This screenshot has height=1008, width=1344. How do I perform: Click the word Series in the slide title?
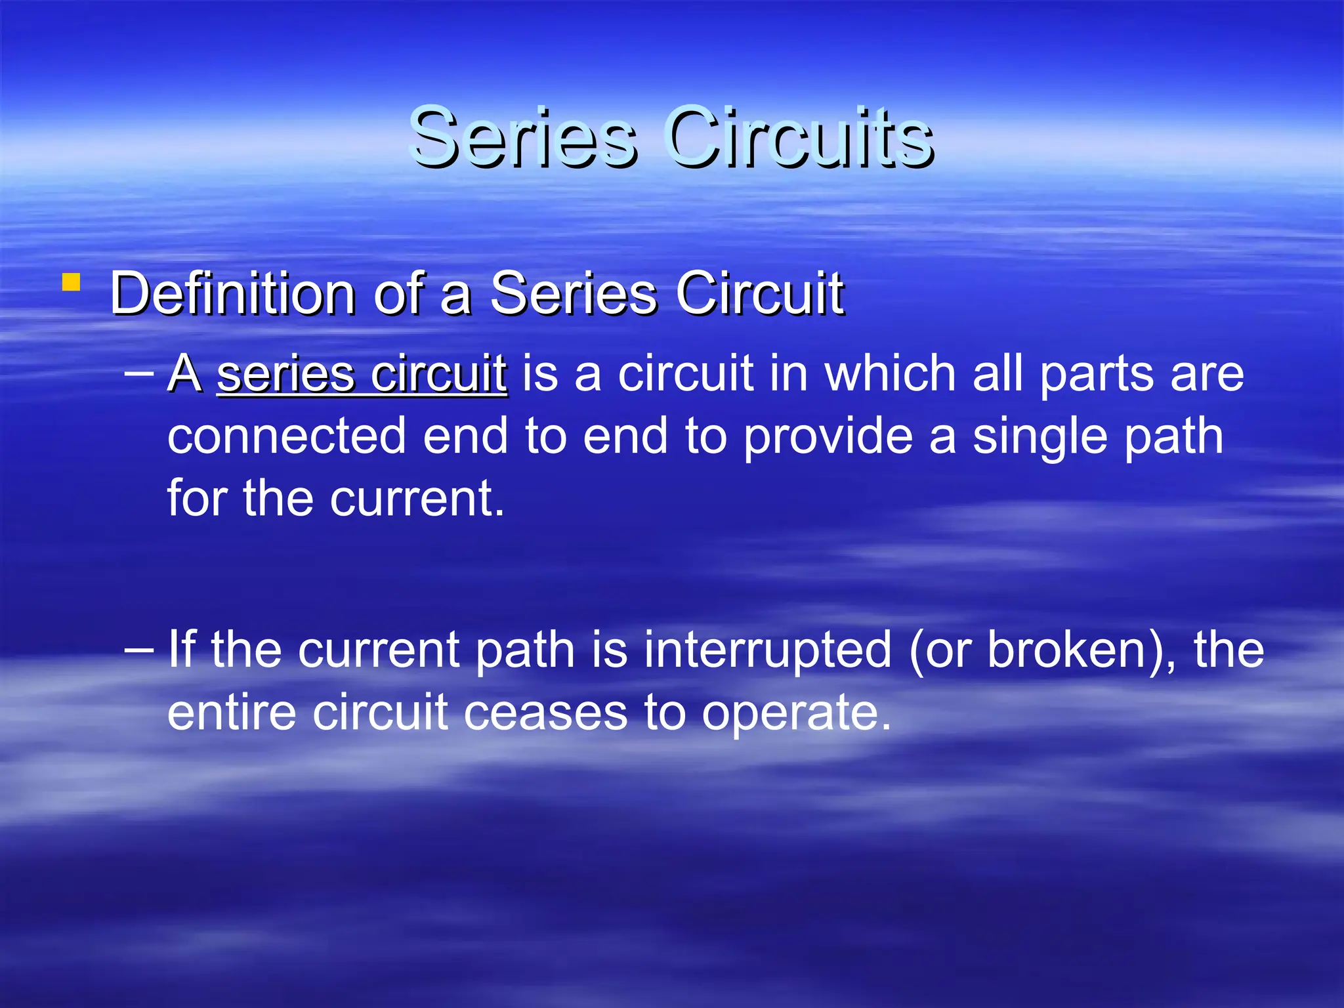(x=522, y=138)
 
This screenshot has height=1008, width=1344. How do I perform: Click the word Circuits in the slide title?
(x=799, y=138)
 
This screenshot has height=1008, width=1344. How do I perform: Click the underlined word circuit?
(x=438, y=374)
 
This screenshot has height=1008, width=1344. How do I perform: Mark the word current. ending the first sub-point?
(x=417, y=499)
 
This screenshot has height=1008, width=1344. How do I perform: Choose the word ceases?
(x=545, y=714)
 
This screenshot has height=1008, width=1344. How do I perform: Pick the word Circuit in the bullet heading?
(x=759, y=293)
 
